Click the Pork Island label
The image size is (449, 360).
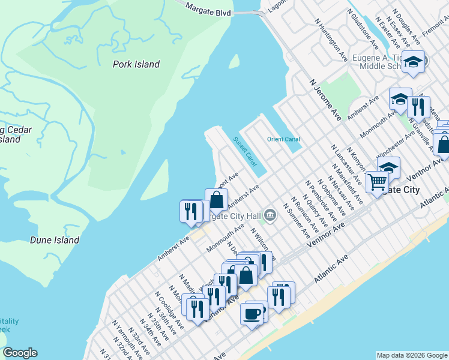tap(136, 64)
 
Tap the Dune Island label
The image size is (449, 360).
tap(55, 240)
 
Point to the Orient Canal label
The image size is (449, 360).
tap(283, 139)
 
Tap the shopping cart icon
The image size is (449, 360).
tap(377, 181)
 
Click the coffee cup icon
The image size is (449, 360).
tap(252, 313)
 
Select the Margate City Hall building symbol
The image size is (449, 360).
tap(271, 215)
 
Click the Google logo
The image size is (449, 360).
tap(20, 353)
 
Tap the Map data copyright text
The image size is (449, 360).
tap(412, 355)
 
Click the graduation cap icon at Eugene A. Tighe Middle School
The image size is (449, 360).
tap(413, 61)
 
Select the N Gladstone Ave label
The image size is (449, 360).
tap(363, 29)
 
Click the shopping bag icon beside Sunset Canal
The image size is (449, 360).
tap(216, 199)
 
